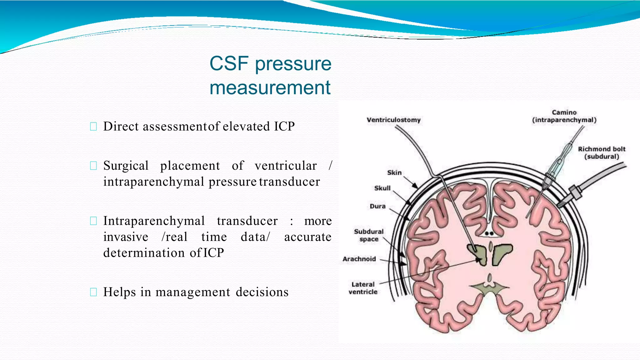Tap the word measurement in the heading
[270, 88]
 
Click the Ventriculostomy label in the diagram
[393, 120]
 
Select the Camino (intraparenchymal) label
[564, 116]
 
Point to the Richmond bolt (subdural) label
[602, 153]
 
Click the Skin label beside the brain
[394, 173]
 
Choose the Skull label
[382, 188]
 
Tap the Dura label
[377, 206]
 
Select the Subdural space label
[369, 235]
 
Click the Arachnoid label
[359, 259]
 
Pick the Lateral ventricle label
[363, 288]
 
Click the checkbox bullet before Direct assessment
[93, 127]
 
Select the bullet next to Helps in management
[93, 292]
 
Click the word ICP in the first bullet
[284, 127]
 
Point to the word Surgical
[126, 166]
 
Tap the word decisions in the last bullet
[262, 292]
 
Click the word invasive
[126, 237]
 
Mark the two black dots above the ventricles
[489, 233]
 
